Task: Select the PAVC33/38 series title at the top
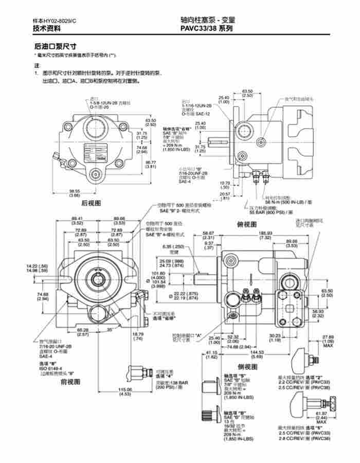(206, 29)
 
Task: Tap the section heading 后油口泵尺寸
(55, 46)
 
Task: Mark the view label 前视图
(70, 382)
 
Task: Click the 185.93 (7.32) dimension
(265, 236)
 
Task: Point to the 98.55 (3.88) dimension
(75, 193)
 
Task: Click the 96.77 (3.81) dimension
(151, 164)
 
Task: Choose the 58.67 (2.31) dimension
(208, 236)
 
